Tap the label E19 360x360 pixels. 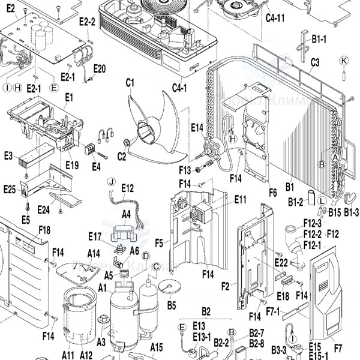tap(72, 164)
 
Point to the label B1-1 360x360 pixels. tap(319, 39)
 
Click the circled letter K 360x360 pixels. tap(344, 61)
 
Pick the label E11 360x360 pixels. tap(241, 199)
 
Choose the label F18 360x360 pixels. tap(44, 229)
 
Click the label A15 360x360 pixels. tap(157, 347)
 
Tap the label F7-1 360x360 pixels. tap(273, 311)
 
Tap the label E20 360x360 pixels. tap(100, 68)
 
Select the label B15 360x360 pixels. tap(334, 212)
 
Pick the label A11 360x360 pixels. tap(67, 355)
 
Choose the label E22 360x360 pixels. tap(281, 263)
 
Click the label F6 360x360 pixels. tap(272, 193)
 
